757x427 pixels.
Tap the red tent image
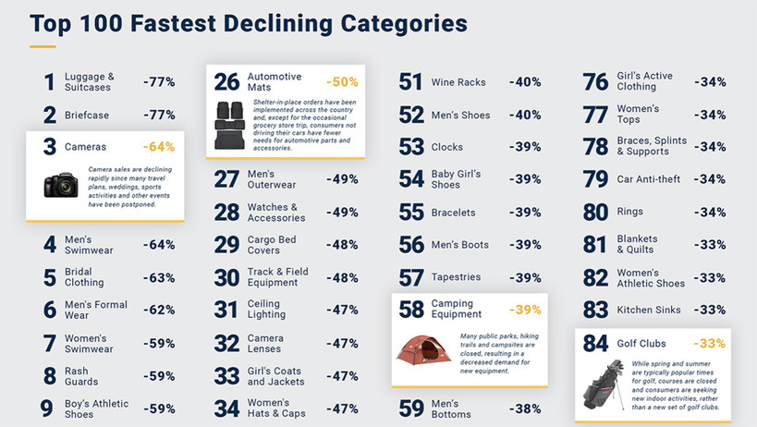coord(424,348)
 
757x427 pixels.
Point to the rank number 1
coord(49,82)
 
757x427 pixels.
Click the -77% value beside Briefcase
coord(159,115)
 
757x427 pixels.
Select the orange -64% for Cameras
coord(159,147)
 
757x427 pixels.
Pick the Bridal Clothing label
coord(84,277)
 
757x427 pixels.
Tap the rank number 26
coord(226,82)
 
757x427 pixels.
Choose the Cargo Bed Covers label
coord(273,245)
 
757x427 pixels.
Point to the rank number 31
coord(226,311)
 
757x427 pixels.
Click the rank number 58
coord(411,310)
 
